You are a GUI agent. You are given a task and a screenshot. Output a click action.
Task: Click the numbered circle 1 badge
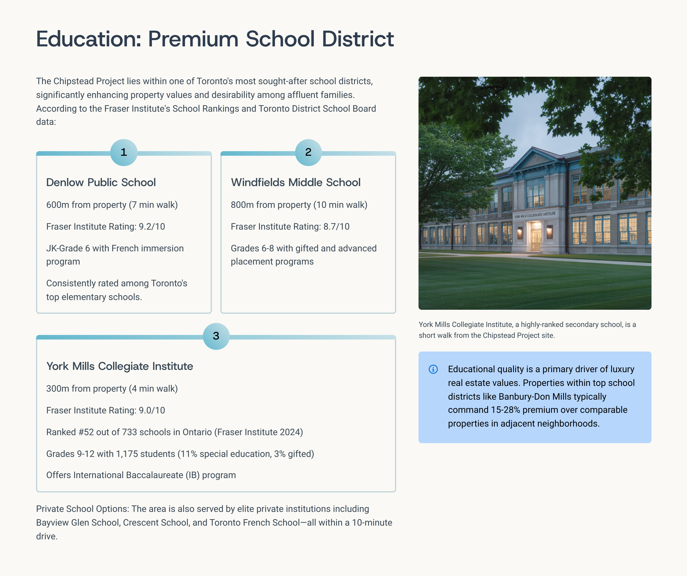click(x=124, y=152)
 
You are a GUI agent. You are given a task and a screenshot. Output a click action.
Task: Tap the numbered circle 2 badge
click(x=308, y=152)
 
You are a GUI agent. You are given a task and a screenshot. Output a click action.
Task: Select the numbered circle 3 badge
click(x=216, y=336)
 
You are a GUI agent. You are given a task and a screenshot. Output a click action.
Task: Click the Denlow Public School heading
click(x=101, y=183)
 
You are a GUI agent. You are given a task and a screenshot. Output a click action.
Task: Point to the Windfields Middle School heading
click(x=295, y=183)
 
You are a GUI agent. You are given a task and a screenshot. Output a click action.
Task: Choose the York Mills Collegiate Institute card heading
click(x=119, y=366)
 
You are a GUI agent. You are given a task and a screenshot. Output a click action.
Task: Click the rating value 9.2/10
click(x=152, y=227)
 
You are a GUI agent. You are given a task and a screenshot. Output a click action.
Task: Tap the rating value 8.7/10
click(x=336, y=227)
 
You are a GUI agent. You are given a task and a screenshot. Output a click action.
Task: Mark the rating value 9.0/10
click(x=152, y=411)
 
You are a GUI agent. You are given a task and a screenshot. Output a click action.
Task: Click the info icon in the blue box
click(x=433, y=369)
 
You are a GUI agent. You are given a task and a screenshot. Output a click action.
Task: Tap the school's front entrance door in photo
click(x=536, y=240)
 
